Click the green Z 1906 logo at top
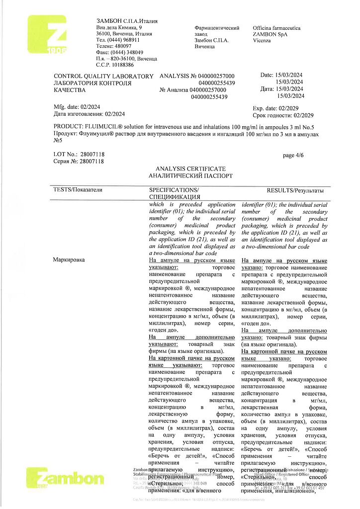[x=46, y=35]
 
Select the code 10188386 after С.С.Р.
[x=123, y=65]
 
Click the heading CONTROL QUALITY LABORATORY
[x=103, y=76]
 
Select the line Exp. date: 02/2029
[x=276, y=108]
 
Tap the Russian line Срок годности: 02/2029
[x=283, y=115]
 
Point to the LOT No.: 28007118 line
[x=78, y=154]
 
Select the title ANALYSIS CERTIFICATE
[x=190, y=169]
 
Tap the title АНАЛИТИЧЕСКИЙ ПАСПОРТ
[x=190, y=176]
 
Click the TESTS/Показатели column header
[x=77, y=190]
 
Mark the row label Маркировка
[x=69, y=259]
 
